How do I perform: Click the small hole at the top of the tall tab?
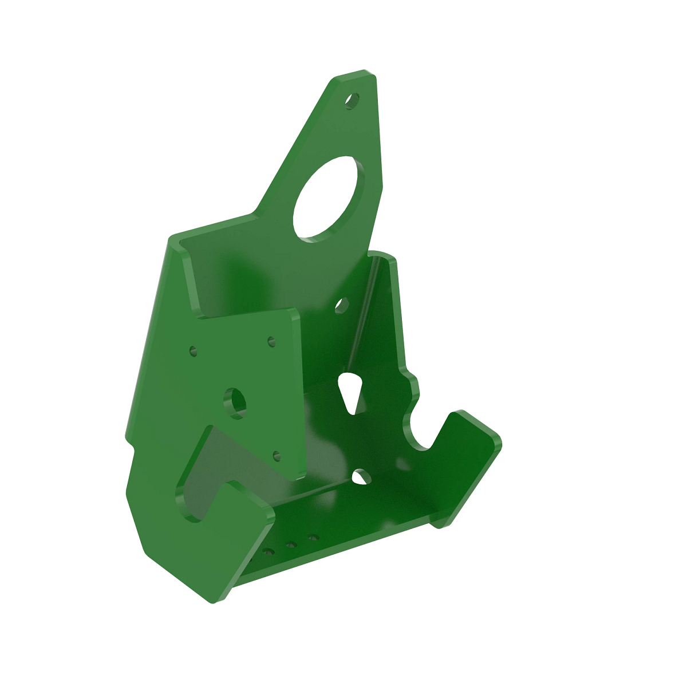[x=352, y=101]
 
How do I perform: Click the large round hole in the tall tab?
[x=328, y=198]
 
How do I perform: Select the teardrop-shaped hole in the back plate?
[x=350, y=391]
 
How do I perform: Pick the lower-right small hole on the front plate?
[x=277, y=456]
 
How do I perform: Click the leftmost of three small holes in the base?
[x=267, y=554]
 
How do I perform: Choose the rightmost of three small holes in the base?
[x=313, y=538]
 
